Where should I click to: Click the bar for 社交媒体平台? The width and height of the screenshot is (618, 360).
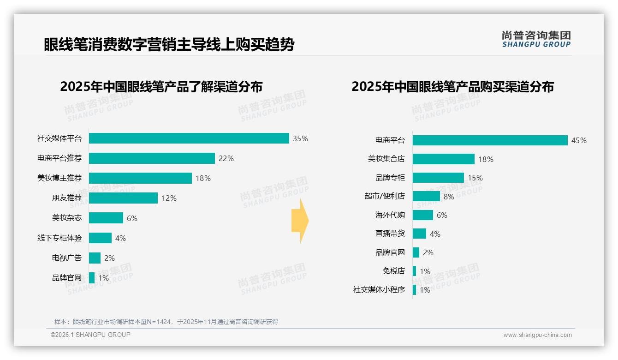[x=189, y=138]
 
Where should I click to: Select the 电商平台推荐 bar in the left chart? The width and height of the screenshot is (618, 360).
[x=152, y=158]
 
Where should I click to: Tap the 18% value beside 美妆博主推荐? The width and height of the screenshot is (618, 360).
[x=203, y=178]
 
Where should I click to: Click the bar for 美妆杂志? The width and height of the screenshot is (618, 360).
[x=106, y=218]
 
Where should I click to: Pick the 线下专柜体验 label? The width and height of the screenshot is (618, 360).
[x=59, y=238]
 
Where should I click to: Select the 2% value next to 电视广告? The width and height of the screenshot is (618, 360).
[x=109, y=258]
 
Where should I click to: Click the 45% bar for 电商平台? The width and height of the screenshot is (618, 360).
[x=490, y=140]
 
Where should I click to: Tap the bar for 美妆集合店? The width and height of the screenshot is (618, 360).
[x=443, y=159]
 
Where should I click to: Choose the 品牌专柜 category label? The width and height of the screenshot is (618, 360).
[x=390, y=178]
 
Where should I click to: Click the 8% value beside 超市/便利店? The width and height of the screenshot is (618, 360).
[x=449, y=197]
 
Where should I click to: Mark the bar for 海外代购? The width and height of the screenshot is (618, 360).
[x=422, y=215]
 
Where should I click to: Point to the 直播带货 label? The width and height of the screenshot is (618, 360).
[x=390, y=234]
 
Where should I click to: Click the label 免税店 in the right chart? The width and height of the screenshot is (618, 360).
[x=393, y=271]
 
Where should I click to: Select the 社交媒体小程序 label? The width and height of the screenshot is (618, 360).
[x=379, y=290]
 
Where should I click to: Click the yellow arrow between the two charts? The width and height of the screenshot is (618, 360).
[x=300, y=221]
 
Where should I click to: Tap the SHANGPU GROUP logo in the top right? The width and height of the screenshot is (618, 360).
[x=536, y=39]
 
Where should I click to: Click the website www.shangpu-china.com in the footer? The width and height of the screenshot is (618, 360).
[x=537, y=335]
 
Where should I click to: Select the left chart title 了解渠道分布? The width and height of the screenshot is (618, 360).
[x=161, y=87]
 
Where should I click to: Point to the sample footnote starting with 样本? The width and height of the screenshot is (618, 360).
[x=166, y=322]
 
